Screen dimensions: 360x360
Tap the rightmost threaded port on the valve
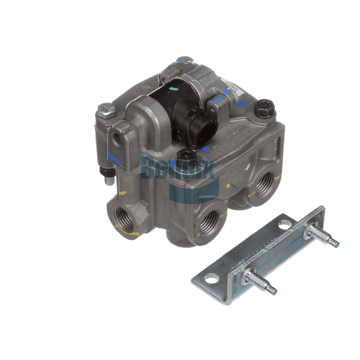click(265, 188)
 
